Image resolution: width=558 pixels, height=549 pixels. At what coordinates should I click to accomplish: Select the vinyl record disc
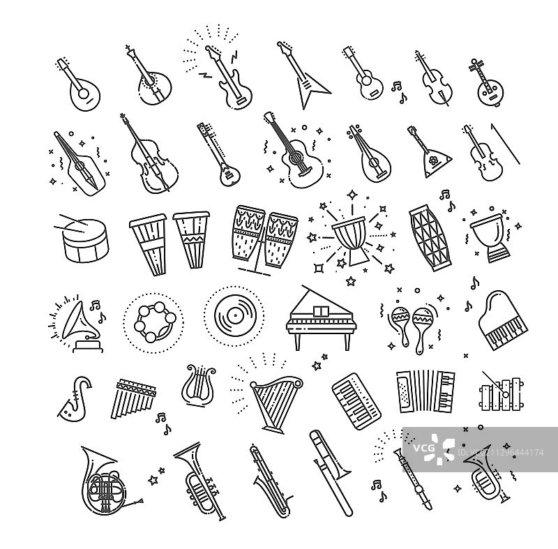(234, 315)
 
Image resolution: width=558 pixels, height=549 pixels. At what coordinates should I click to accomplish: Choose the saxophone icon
(74, 398)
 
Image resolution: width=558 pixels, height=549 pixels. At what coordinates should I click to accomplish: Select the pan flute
(133, 398)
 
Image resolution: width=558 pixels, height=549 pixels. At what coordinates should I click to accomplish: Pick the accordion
(425, 392)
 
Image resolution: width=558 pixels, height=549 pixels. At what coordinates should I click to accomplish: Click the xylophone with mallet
(502, 394)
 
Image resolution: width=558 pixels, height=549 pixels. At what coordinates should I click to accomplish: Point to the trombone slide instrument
(330, 472)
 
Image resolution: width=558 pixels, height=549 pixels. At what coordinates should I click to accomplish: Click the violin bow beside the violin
(505, 144)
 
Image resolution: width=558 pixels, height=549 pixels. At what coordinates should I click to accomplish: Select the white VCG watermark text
(424, 448)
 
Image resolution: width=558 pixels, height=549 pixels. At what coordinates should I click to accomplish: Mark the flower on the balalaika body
(433, 160)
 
